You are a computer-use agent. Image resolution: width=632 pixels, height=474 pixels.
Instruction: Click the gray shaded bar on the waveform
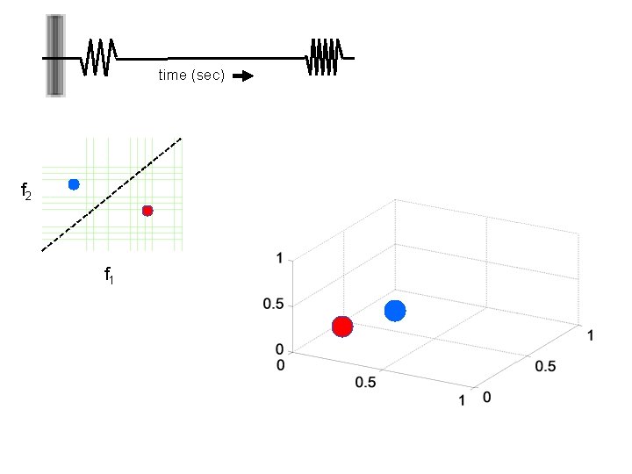55,55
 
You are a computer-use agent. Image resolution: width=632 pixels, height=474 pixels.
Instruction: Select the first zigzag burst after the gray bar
100,58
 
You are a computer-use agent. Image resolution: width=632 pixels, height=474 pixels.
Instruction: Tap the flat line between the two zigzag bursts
211,59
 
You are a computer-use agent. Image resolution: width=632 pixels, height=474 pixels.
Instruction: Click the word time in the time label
171,75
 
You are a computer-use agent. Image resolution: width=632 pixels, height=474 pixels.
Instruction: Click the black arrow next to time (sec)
243,76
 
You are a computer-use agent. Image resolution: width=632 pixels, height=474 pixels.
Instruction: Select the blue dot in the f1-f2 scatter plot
74,184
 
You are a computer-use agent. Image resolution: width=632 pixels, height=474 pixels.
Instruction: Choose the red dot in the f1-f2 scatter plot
147,211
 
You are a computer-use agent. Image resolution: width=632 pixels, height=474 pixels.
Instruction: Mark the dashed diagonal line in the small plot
111,195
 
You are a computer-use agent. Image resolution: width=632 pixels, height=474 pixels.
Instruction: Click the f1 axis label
109,276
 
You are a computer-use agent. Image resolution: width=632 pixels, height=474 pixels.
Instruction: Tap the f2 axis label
26,190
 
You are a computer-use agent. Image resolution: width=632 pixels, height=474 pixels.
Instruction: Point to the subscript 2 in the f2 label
29,195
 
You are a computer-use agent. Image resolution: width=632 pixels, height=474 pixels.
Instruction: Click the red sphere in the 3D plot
342,327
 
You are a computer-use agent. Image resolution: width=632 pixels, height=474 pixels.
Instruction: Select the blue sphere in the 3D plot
395,311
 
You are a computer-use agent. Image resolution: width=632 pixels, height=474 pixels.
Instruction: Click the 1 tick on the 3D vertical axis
279,259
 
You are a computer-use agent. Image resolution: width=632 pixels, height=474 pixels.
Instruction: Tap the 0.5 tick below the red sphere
365,383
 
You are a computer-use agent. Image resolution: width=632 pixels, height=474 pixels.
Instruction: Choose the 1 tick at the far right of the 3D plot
591,335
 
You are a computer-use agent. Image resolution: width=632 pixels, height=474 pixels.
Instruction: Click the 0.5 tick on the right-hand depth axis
545,366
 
